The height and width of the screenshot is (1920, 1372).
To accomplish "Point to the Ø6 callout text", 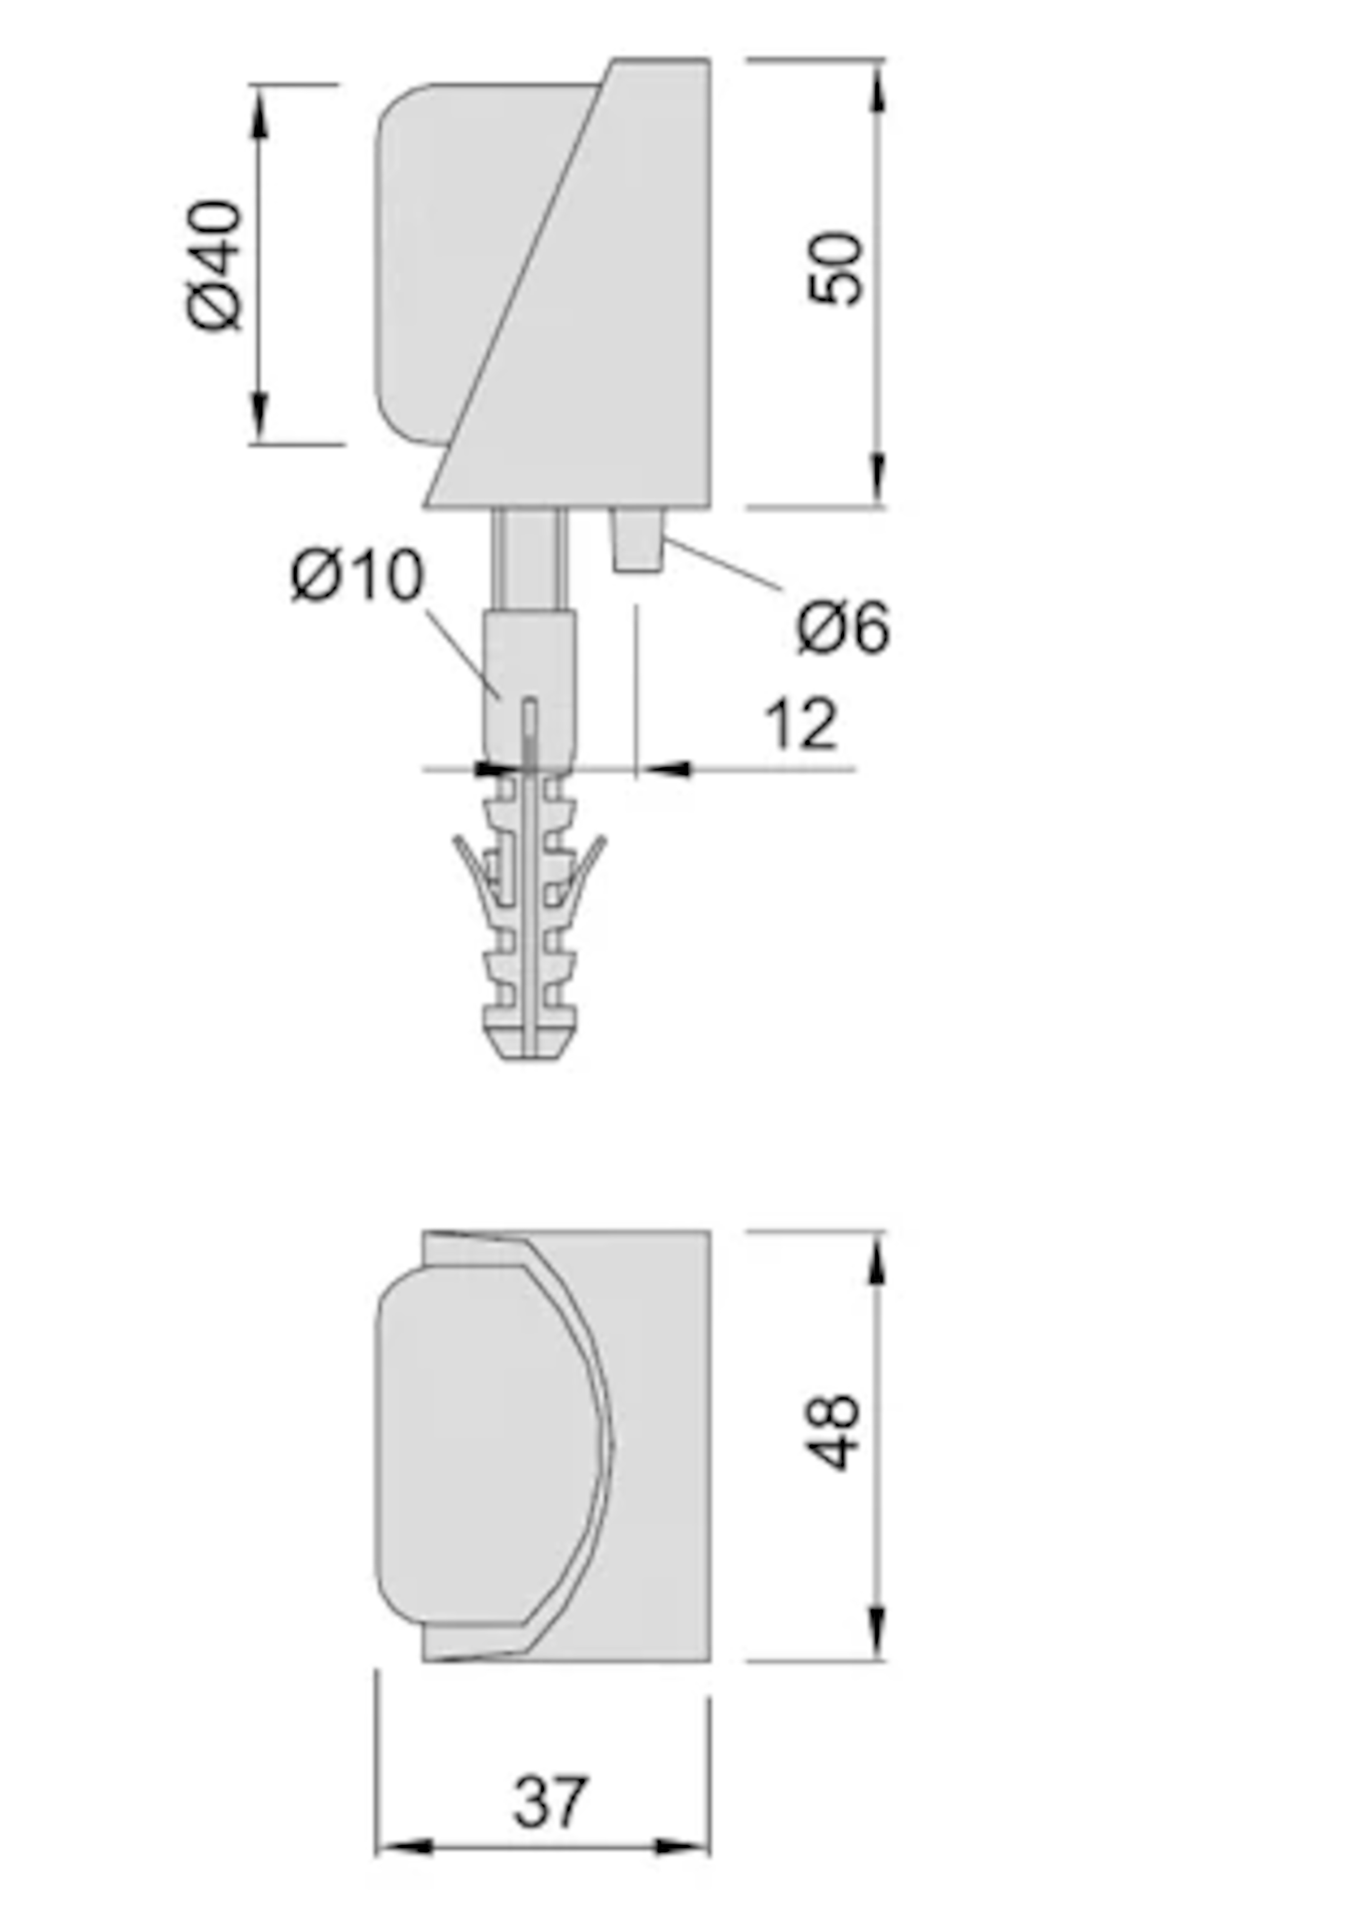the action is click(842, 627).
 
